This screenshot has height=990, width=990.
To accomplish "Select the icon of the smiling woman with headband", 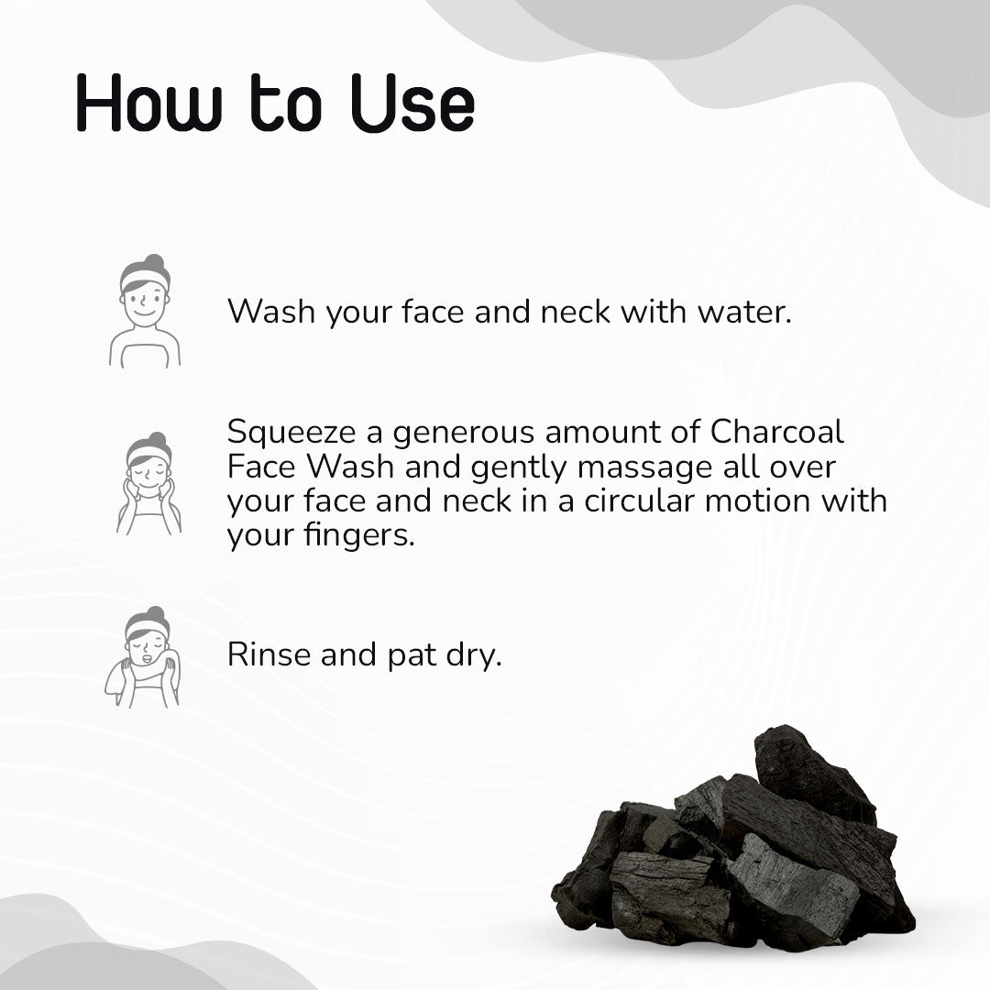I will point(145,312).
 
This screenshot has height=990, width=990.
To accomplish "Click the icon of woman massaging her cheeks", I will point(148,483).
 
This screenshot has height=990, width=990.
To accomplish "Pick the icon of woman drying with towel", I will point(143,656).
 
